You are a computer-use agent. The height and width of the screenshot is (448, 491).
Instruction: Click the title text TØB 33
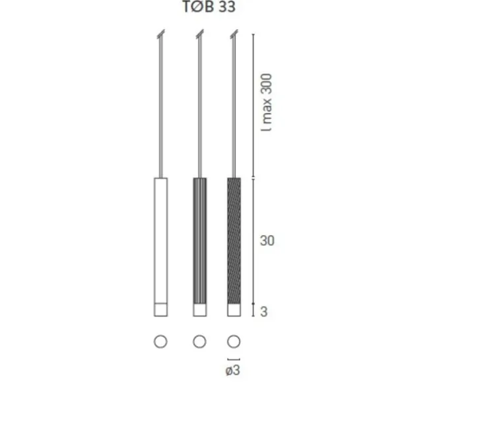point(209,7)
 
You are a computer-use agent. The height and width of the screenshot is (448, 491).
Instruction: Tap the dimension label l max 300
point(267,102)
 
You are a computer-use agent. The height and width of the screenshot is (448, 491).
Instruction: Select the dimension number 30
point(267,241)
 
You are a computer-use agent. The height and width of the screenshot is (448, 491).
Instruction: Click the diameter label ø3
point(233,370)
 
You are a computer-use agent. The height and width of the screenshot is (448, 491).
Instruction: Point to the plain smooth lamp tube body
point(160,241)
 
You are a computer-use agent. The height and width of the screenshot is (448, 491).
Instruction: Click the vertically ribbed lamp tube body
point(200,241)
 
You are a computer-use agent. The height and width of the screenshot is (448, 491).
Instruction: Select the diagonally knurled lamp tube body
point(234,241)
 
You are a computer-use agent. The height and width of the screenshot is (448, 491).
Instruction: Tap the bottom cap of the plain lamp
point(160,310)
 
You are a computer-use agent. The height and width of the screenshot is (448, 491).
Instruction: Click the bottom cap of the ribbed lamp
point(200,310)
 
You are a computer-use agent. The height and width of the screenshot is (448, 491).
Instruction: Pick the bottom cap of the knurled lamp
point(234,310)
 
